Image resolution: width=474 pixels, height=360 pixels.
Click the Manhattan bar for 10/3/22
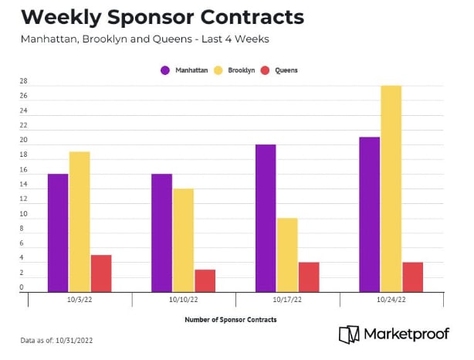pyautogui.click(x=58, y=233)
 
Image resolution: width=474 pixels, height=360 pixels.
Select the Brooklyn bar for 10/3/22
pyautogui.click(x=80, y=222)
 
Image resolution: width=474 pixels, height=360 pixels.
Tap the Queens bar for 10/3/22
pyautogui.click(x=101, y=273)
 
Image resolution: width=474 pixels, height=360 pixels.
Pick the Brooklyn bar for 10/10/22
pyautogui.click(x=183, y=240)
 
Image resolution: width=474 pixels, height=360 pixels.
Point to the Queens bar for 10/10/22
pyautogui.click(x=205, y=280)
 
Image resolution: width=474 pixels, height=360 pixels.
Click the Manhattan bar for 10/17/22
pyautogui.click(x=266, y=218)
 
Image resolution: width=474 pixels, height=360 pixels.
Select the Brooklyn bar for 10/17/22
pyautogui.click(x=287, y=255)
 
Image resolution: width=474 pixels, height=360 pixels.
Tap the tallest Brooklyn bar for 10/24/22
pyautogui.click(x=391, y=188)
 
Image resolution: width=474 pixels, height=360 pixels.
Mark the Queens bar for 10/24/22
pyautogui.click(x=412, y=277)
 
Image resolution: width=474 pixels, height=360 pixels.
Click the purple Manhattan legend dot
pyautogui.click(x=165, y=70)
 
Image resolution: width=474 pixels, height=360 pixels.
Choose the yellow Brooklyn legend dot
pyautogui.click(x=219, y=70)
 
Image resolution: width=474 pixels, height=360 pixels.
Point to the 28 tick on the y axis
pyautogui.click(x=23, y=82)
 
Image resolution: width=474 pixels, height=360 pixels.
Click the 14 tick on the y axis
pyautogui.click(x=23, y=185)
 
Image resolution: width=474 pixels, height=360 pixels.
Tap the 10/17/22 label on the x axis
pyautogui.click(x=287, y=300)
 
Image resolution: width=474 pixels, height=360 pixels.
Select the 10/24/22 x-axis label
pyautogui.click(x=391, y=300)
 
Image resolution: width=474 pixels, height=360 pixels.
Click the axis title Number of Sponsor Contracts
pyautogui.click(x=230, y=319)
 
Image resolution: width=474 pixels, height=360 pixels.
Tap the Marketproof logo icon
pyautogui.click(x=349, y=335)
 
